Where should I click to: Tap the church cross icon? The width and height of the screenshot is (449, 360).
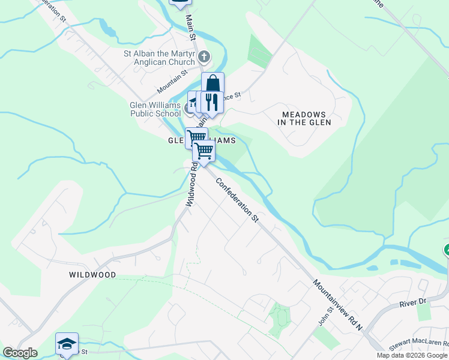(204, 58)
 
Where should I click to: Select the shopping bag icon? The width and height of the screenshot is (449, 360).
(212, 83)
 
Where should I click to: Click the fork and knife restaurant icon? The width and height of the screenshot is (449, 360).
(211, 101)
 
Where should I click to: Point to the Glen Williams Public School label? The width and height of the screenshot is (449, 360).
(155, 109)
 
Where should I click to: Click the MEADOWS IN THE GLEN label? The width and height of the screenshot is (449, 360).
(304, 118)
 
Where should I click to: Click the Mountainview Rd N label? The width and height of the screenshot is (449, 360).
(337, 304)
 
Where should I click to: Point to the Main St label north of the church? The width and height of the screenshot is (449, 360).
(192, 28)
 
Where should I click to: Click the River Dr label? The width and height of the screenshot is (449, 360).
(412, 302)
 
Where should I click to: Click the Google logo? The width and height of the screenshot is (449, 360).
(20, 353)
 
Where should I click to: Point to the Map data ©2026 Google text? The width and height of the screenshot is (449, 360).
(412, 355)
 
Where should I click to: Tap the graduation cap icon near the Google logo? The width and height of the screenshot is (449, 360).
(67, 344)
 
